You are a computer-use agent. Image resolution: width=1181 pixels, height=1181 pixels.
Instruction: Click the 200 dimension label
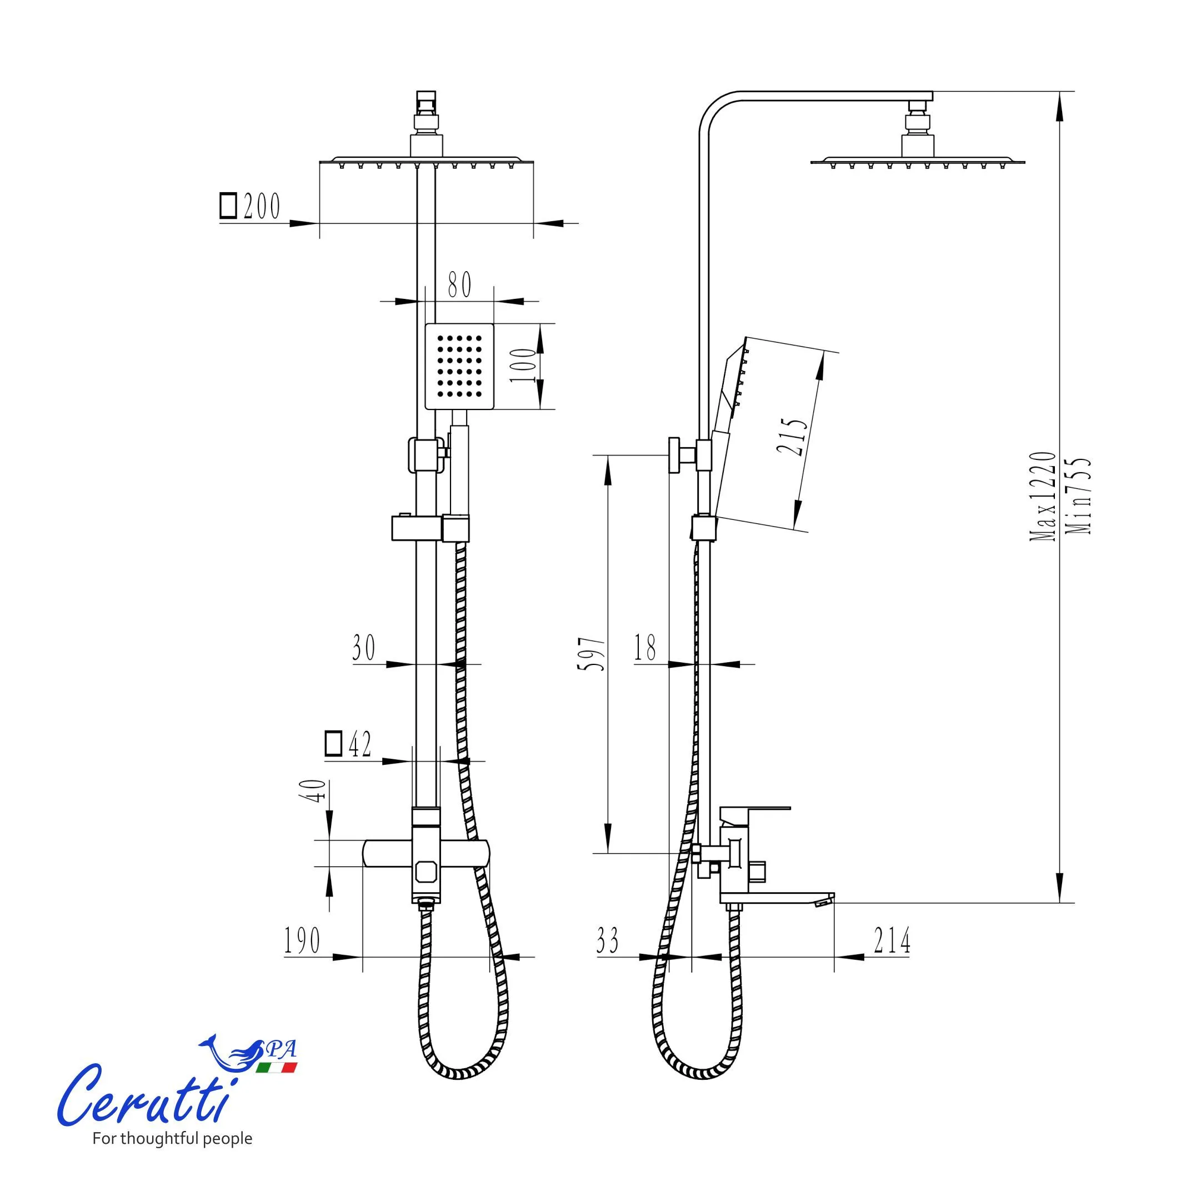point(262,206)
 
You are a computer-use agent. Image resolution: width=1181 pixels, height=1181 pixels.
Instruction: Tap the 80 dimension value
point(460,285)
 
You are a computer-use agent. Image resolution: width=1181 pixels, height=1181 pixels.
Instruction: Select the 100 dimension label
point(523,365)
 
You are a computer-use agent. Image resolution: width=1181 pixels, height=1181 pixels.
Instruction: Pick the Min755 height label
point(1078,496)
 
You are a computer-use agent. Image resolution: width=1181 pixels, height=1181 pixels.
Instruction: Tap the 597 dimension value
point(592,654)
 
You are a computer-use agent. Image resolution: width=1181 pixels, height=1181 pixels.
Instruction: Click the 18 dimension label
point(645,647)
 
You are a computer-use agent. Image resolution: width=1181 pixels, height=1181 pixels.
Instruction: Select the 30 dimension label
point(364,647)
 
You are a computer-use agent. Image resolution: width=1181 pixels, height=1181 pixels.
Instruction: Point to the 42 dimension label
point(359,744)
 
